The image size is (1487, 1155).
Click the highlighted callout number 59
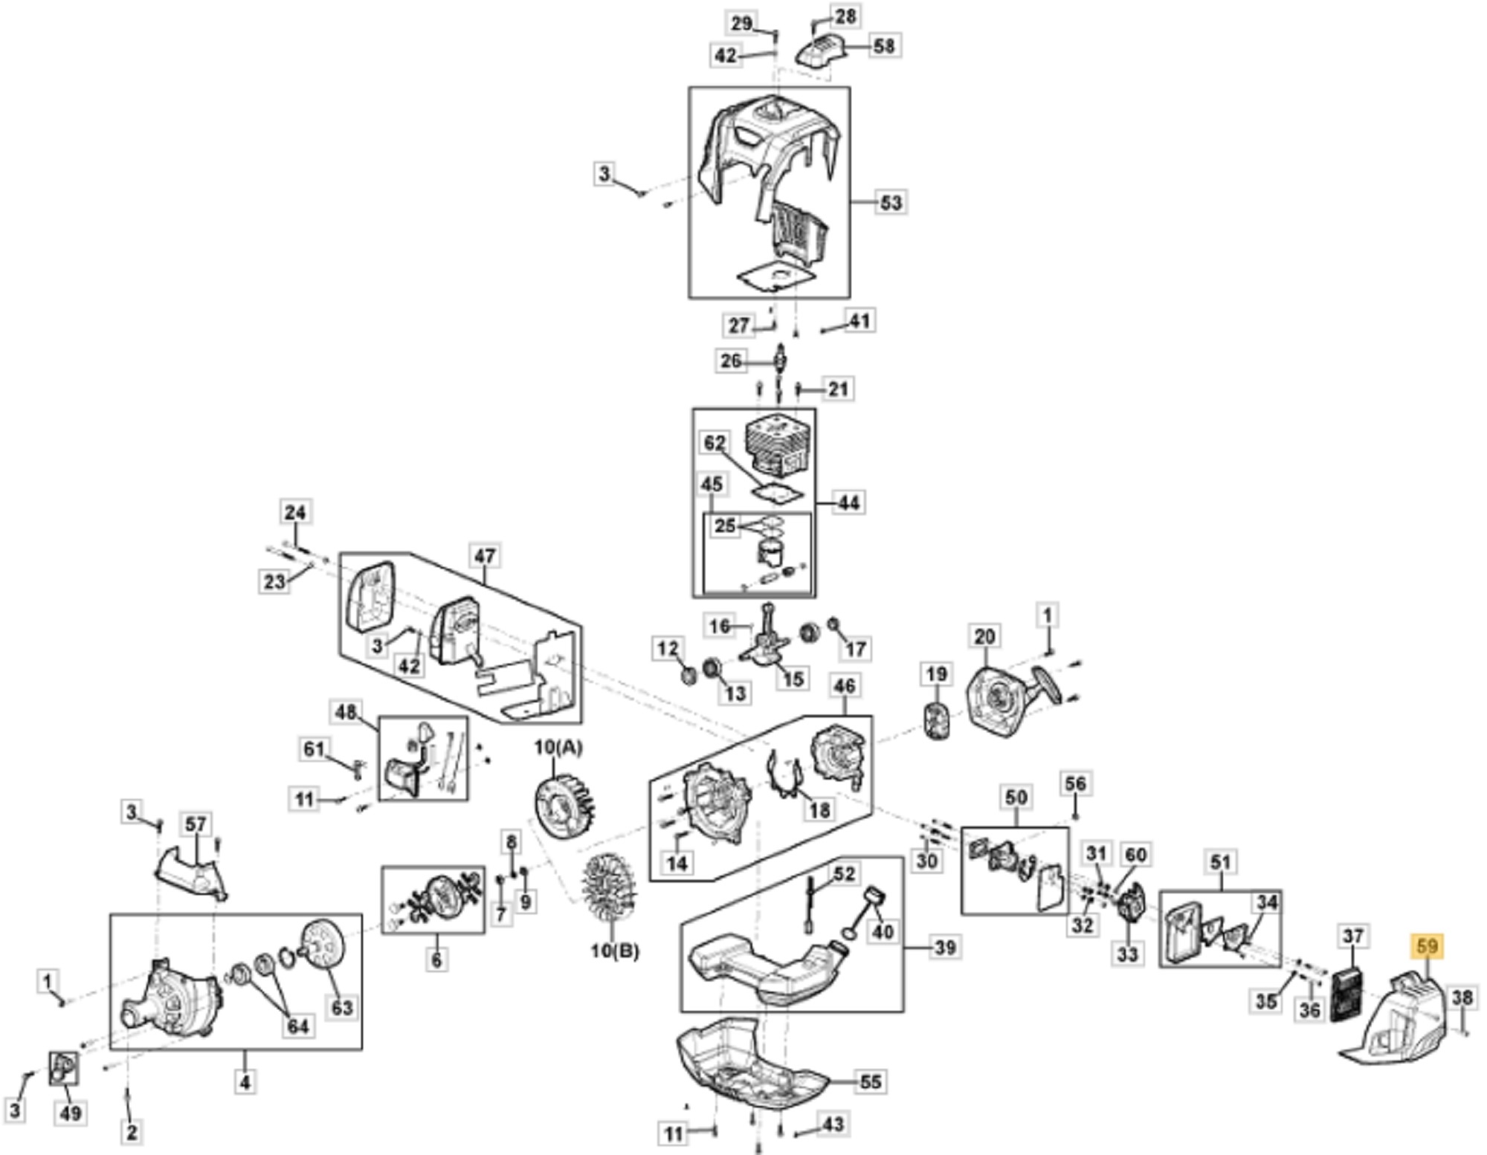click(1428, 946)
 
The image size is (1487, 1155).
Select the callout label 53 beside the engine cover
click(890, 201)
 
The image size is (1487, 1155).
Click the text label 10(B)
click(614, 951)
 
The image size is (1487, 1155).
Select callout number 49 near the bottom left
click(71, 1113)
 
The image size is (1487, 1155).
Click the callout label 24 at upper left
click(294, 511)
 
